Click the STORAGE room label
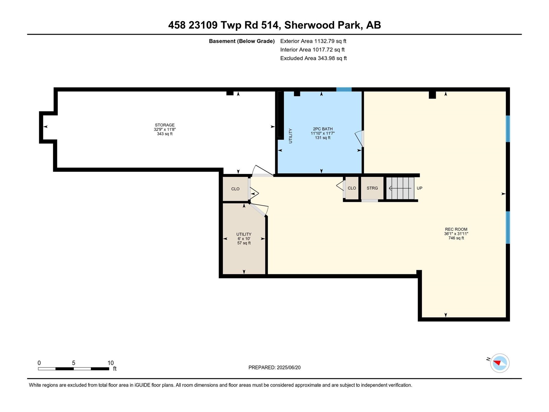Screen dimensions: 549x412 [165, 125]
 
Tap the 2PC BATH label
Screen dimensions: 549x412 [323, 129]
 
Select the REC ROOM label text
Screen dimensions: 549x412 [456, 229]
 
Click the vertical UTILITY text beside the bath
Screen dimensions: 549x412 [290, 136]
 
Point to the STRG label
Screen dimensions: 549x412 [372, 188]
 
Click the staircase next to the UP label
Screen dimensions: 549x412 [400, 188]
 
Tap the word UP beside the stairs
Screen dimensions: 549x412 [419, 188]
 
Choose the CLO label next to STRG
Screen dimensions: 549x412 [352, 188]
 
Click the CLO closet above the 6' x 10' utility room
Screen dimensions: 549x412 [235, 189]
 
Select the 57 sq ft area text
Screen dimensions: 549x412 [244, 243]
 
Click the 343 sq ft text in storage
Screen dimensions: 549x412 [165, 134]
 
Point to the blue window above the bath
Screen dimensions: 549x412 [344, 89]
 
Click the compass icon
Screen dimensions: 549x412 [500, 363]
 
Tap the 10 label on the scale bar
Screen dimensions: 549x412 [110, 363]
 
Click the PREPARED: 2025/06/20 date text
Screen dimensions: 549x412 [274, 367]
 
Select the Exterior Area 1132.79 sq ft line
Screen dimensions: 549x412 [313, 41]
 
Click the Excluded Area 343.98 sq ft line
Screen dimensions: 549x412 [313, 58]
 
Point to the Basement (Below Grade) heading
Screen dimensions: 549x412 [242, 41]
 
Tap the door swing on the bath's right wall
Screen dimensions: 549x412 [359, 138]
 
